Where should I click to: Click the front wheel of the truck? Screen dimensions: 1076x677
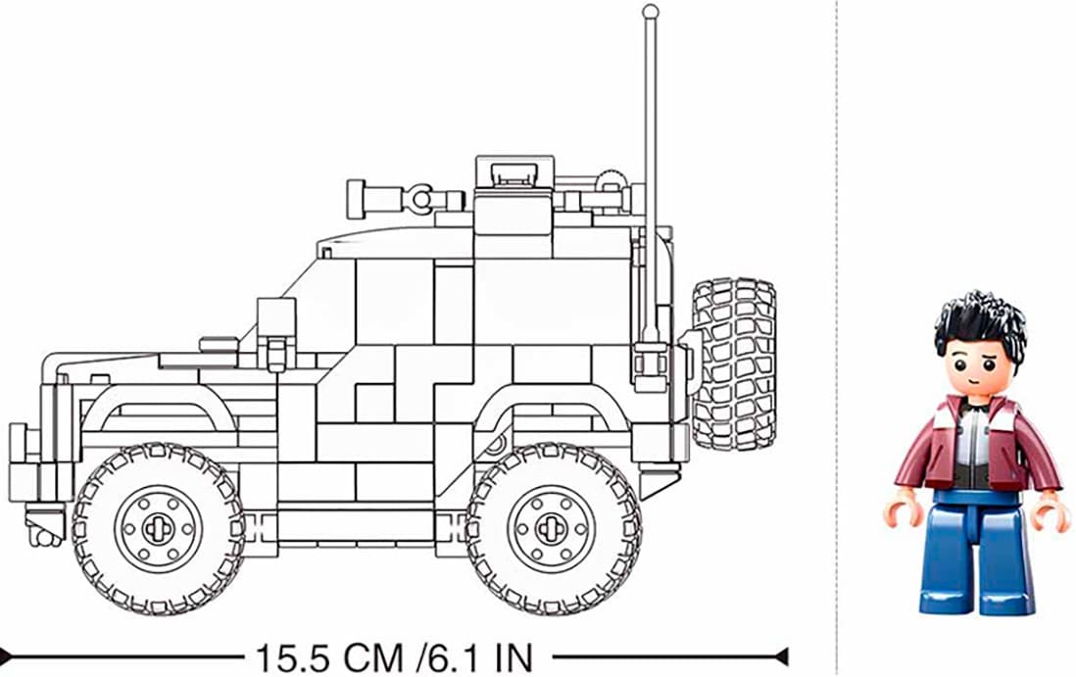coord(159,528)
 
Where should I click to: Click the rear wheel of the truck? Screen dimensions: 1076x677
coord(553,528)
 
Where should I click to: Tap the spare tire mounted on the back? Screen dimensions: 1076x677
coord(734,363)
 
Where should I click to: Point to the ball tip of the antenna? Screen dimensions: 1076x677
coord(650,12)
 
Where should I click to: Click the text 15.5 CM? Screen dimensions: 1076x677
coord(328,658)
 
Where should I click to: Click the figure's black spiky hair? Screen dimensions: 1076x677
coord(980,322)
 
